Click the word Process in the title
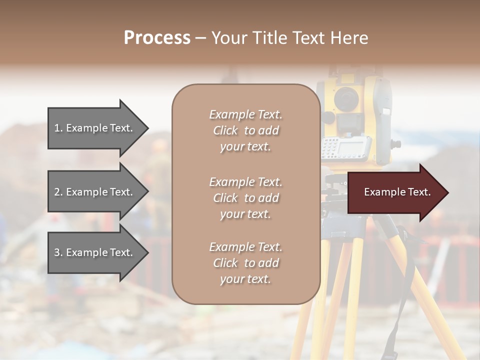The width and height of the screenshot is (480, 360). coord(157,38)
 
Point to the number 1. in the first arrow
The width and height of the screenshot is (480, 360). coord(58,128)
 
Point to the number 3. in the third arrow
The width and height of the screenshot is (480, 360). coord(58,252)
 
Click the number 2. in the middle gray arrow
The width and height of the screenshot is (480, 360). coord(58,192)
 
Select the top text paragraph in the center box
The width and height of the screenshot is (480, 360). coord(245,130)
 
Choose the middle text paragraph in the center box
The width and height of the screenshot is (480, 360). coord(245,198)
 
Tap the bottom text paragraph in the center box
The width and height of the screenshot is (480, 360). coord(245,263)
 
